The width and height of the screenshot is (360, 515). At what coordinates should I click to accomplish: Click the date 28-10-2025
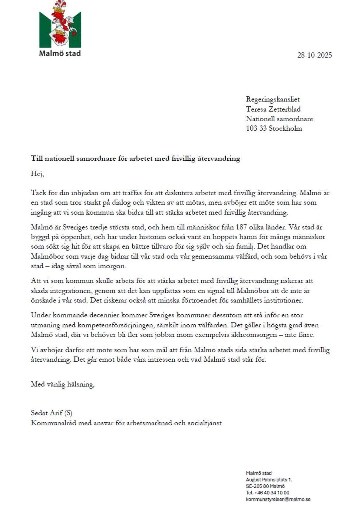314,55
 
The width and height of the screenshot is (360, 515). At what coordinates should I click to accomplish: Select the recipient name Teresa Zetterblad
273,109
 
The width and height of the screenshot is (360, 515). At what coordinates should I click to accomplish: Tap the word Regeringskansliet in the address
273,99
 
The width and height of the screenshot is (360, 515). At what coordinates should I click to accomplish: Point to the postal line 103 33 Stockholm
274,128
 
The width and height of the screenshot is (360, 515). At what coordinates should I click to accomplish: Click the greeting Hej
37,174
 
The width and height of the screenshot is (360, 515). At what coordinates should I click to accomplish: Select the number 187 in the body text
241,227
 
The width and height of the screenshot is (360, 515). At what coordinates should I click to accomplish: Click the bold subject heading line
135,158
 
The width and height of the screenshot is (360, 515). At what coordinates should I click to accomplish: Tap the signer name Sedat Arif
47,413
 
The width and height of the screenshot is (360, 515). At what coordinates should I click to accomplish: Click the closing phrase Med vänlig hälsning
62,384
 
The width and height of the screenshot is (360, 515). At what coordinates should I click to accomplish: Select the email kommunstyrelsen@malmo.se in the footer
278,499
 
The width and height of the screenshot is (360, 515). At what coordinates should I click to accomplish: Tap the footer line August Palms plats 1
269,479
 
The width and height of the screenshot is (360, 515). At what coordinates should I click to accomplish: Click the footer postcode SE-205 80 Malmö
265,486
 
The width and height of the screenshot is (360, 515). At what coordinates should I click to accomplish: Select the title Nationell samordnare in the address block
279,119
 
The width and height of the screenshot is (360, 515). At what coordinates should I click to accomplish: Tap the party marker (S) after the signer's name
68,413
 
